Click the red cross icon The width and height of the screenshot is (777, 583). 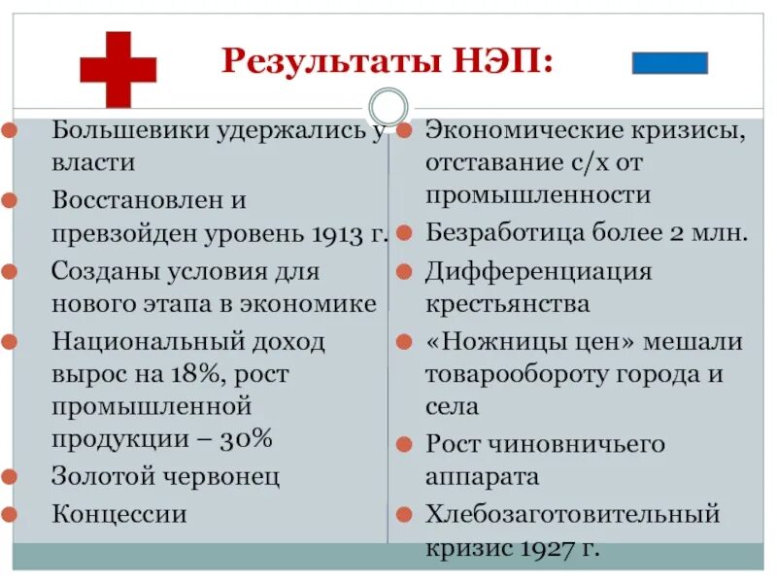(118, 68)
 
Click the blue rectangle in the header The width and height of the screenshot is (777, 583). (670, 63)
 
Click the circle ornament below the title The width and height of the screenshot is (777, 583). (388, 106)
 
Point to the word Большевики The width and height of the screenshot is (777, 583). (129, 130)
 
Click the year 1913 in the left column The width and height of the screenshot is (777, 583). (339, 234)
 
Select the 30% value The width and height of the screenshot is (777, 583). (247, 439)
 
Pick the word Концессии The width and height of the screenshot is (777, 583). (118, 513)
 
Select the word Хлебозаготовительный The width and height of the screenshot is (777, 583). (572, 513)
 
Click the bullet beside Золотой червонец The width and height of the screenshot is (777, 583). (9, 476)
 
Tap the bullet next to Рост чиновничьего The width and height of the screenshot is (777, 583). (404, 444)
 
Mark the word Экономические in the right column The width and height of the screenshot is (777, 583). (523, 130)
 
